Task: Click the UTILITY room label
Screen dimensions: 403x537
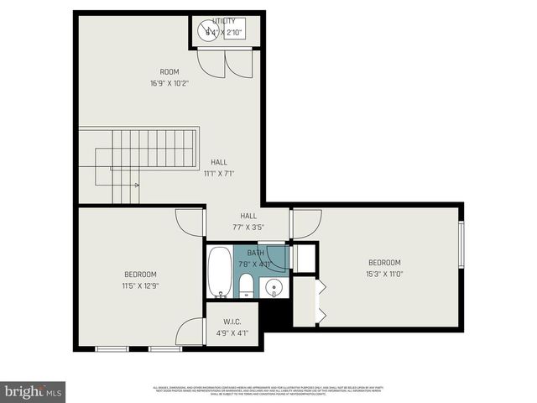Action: pos(224,21)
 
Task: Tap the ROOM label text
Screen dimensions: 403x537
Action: pos(170,72)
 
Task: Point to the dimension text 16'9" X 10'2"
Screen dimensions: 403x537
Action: pos(170,83)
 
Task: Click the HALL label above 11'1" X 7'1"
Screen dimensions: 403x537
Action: pos(218,163)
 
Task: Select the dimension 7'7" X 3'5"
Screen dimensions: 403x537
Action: pos(248,227)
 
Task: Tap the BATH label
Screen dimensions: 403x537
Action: pos(255,253)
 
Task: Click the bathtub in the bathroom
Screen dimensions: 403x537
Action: pos(220,272)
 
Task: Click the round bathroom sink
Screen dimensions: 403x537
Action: pos(273,289)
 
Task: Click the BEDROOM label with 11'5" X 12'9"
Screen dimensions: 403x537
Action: pos(140,275)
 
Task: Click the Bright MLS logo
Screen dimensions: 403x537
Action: pos(33,391)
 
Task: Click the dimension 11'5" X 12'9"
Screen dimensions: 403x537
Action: pos(140,285)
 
